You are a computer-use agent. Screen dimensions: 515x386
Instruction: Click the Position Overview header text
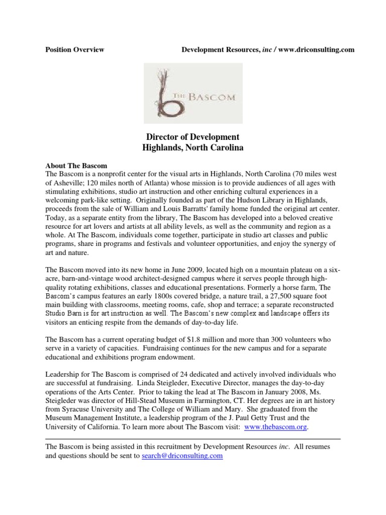tap(75, 50)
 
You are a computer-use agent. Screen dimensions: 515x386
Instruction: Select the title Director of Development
tap(192, 137)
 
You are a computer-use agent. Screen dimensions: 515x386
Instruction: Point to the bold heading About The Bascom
tap(76, 165)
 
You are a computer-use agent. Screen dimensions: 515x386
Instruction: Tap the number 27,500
tap(268, 297)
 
